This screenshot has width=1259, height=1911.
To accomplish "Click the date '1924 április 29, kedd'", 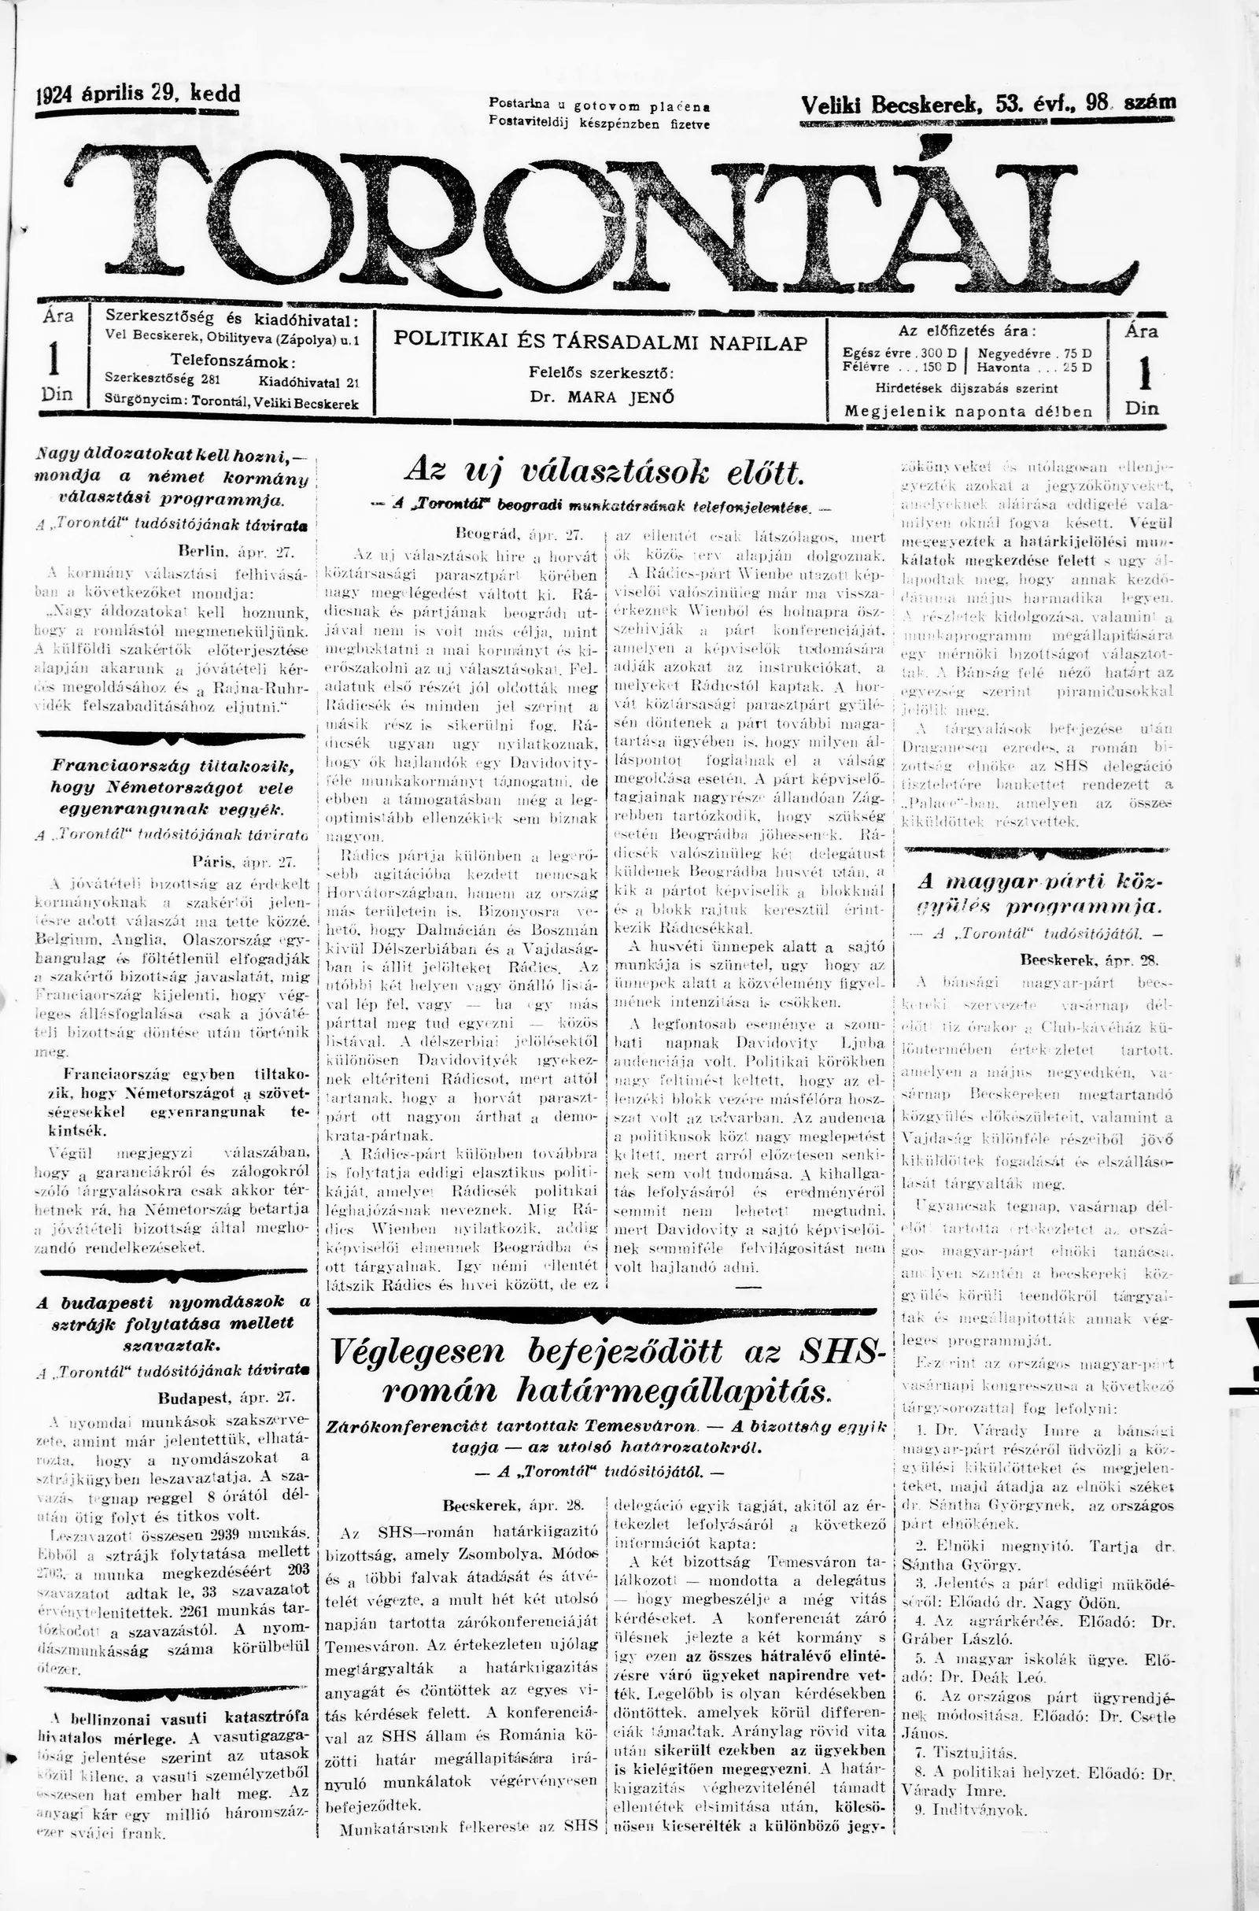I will (138, 94).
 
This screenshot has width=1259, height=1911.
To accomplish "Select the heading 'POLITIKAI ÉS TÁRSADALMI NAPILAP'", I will (600, 342).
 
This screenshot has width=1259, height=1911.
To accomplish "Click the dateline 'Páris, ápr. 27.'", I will (244, 863).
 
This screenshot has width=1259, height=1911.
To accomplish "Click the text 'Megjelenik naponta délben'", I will (969, 411).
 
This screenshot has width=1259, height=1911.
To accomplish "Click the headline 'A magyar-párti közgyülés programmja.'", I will (1039, 894).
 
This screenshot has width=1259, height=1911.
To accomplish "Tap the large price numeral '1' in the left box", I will (54, 358).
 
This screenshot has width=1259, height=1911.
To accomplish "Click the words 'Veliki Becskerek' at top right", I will (892, 104).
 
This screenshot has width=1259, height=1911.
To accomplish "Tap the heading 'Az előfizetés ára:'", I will (967, 331).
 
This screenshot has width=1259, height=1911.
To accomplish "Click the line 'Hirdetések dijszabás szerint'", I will (967, 389).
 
